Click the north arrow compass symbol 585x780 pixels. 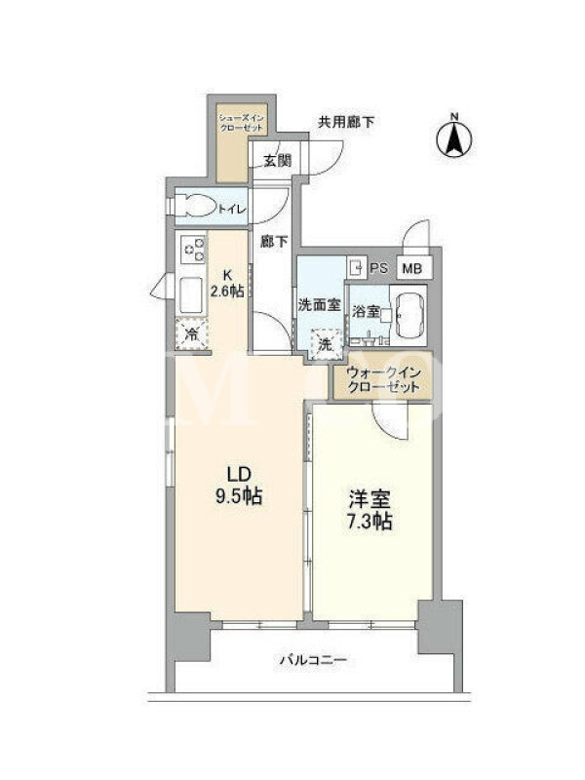(x=454, y=136)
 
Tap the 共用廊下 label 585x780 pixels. (x=346, y=122)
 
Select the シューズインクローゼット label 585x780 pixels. (x=242, y=123)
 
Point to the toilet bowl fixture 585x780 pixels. (x=197, y=206)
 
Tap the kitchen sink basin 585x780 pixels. (x=190, y=294)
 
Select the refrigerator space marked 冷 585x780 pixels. (x=191, y=333)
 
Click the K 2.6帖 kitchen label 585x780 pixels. (x=227, y=283)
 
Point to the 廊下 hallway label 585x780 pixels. (x=274, y=241)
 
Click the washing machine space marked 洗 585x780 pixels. (x=326, y=344)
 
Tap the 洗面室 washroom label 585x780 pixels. (x=319, y=304)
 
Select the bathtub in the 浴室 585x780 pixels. (x=408, y=314)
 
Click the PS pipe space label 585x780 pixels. (x=379, y=268)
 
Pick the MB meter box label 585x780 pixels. (x=411, y=269)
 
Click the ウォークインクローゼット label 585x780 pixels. (x=383, y=379)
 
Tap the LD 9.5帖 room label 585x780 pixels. (x=239, y=486)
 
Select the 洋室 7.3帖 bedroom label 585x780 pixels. (x=369, y=509)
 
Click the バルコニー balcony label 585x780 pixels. (x=313, y=660)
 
